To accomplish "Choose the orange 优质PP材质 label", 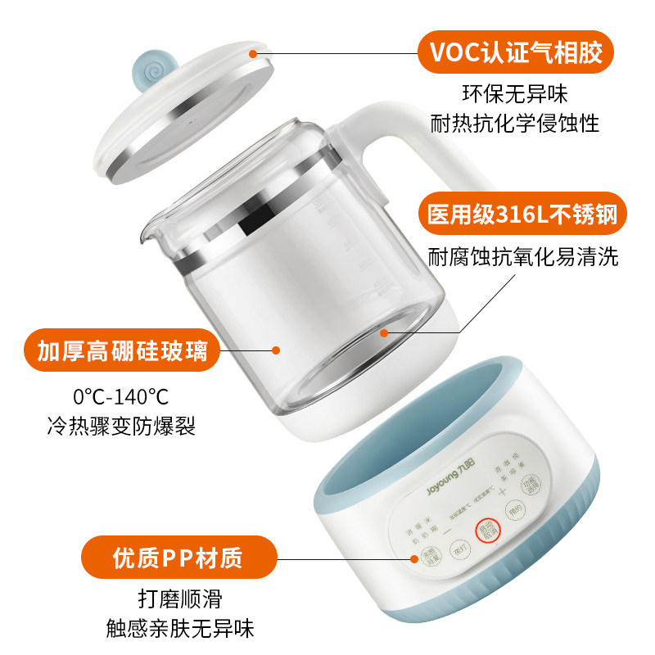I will tap(177, 558).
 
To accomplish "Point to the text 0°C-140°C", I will tap(120, 398).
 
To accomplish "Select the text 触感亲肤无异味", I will tap(180, 628).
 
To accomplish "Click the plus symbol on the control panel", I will tap(503, 491).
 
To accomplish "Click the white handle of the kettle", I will tap(409, 139).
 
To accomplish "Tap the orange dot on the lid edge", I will tap(254, 53).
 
